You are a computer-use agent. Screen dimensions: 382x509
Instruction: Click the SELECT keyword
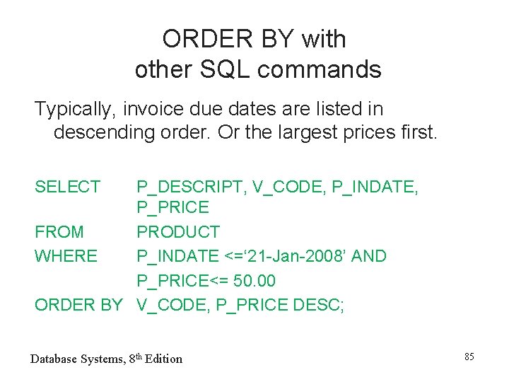click(68, 187)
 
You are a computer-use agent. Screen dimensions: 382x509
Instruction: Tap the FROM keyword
click(59, 232)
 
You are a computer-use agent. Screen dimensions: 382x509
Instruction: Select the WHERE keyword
click(66, 255)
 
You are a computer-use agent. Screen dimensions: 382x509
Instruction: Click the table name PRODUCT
click(178, 232)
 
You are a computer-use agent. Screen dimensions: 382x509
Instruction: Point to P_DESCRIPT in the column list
click(192, 187)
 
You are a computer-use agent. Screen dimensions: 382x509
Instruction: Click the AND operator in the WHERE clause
click(369, 255)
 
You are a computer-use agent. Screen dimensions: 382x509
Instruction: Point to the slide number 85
click(469, 357)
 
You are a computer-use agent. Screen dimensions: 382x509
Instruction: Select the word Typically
click(75, 110)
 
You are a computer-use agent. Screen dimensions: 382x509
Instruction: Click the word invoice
click(153, 110)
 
